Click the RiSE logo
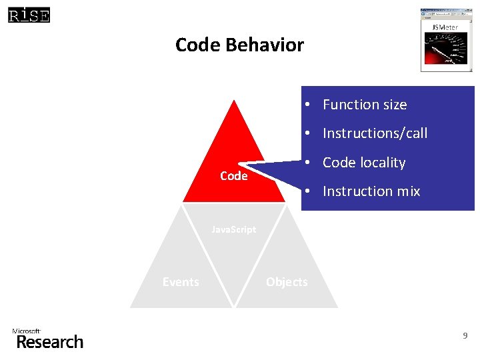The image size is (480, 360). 29,15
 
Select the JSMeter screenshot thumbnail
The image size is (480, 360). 446,39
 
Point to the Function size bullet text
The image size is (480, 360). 365,105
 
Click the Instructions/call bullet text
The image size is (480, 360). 375,133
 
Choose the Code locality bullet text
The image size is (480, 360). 364,163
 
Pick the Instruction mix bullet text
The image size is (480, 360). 371,191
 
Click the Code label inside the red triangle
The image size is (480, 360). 233,176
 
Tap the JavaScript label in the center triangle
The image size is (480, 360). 233,229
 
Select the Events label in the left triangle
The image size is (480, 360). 181,282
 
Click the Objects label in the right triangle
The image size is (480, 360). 287,282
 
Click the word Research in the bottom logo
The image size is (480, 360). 50,342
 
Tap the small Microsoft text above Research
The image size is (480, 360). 27,331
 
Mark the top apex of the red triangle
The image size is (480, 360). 233,101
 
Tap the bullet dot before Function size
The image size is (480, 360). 309,105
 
